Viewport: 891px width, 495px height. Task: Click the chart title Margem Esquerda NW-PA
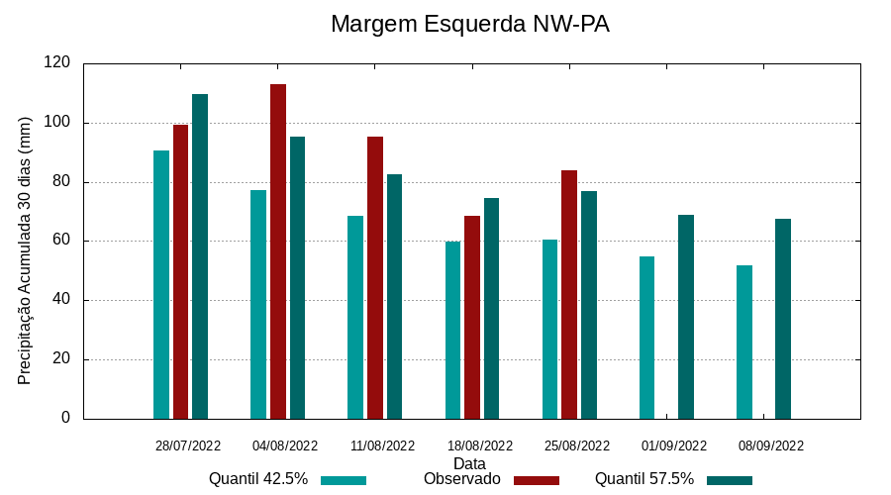[469, 25]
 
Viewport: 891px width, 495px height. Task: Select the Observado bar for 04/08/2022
[278, 251]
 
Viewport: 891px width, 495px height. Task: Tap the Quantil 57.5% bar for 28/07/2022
[200, 256]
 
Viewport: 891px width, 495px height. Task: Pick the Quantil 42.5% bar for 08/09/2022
[744, 342]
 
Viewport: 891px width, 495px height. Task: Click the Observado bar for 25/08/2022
[569, 294]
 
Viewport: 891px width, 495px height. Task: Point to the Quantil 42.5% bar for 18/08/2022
[452, 330]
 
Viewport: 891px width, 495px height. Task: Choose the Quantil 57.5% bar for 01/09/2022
[686, 317]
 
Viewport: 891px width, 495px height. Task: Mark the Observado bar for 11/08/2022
[375, 277]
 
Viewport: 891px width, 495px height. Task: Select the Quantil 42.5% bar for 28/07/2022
[161, 284]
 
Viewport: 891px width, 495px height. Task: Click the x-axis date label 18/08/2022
[480, 445]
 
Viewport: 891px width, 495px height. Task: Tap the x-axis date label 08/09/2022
[771, 445]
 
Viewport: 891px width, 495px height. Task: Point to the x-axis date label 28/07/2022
[188, 445]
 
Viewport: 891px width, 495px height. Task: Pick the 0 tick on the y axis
[65, 418]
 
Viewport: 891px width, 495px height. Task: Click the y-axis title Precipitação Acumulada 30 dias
[26, 249]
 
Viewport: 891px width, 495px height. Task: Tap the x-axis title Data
[469, 463]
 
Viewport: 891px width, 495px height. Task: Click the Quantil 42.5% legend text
[258, 479]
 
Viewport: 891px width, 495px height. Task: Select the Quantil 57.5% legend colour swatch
[730, 480]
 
